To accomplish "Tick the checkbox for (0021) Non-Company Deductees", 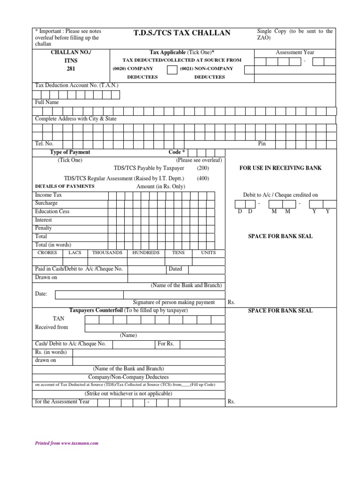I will pos(172,69).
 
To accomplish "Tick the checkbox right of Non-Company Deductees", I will pos(249,69).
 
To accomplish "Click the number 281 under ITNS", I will pos(71,69).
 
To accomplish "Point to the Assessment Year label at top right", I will pos(295,52).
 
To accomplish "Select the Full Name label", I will pos(47,102).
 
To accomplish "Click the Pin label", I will pos(262,144).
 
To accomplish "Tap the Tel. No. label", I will pos(44,144).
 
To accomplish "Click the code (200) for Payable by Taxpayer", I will pos(203,168).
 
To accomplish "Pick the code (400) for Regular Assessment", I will pos(203,178).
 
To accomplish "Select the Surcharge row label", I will pos(46,203).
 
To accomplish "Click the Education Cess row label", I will pos(52,211).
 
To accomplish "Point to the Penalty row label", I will pos(44,228).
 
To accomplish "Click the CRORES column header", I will pos(47,253).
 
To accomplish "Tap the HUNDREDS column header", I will pos(146,253).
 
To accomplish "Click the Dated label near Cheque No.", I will pos(175,269).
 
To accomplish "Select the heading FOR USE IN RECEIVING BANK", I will pos(280,168).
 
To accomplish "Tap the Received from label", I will pos(52,327).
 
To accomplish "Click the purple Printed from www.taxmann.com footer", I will pos(67,443).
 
